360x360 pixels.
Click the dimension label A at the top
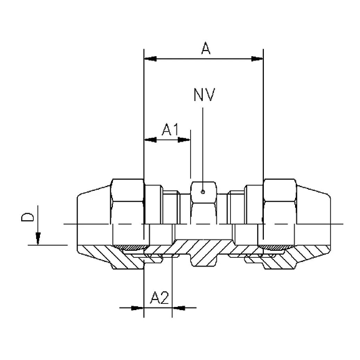[204, 48]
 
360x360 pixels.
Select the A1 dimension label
[170, 129]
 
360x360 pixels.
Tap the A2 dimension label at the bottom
[160, 298]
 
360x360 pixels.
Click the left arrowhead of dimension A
[148, 59]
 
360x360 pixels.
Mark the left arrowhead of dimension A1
[148, 140]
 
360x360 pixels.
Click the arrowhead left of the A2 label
[139, 307]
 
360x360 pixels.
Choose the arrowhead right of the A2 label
[177, 307]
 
